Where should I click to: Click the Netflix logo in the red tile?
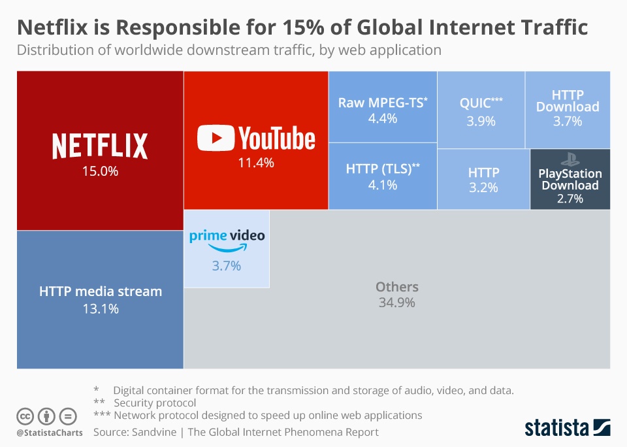point(100,146)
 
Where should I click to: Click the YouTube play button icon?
point(216,139)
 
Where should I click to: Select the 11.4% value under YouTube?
point(255,163)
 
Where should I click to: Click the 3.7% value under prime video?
point(227,265)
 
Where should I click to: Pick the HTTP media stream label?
point(100,291)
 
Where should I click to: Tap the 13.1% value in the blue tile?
point(100,309)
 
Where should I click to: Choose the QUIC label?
point(478,103)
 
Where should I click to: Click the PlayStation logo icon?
point(570,159)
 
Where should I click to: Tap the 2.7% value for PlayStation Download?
point(570,199)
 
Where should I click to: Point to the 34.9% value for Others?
point(396,303)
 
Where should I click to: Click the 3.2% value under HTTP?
point(483,188)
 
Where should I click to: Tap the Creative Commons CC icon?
point(25,416)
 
